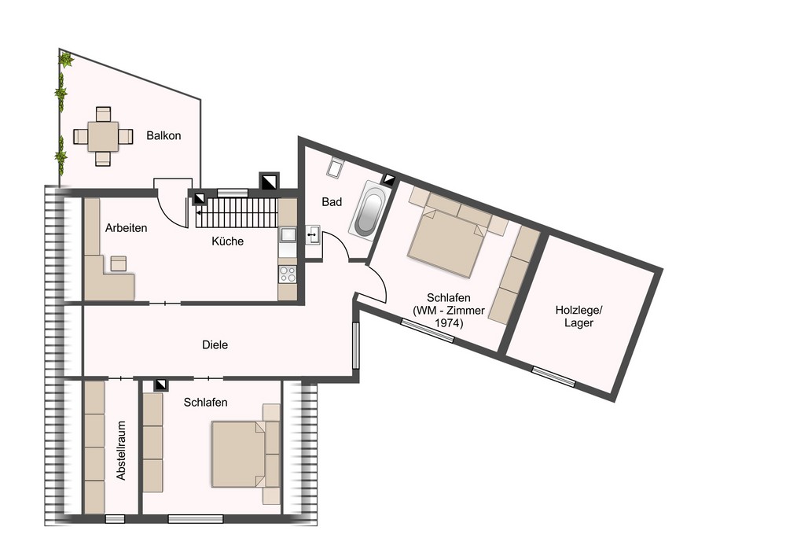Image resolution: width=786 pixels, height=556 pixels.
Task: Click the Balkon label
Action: (x=163, y=136)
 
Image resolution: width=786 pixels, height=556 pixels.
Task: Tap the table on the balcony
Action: (x=103, y=136)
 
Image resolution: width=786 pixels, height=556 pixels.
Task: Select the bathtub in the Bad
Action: (x=370, y=208)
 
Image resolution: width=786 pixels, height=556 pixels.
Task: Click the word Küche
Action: (x=228, y=241)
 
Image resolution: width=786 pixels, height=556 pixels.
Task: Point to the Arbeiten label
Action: (x=127, y=228)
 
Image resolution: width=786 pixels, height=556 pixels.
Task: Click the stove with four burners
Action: (x=288, y=274)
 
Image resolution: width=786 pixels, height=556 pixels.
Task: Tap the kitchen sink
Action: (x=288, y=234)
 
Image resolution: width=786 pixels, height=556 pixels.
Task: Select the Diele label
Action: (x=215, y=345)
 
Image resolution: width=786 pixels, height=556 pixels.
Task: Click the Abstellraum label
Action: (x=121, y=450)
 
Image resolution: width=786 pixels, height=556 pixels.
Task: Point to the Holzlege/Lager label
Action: (x=579, y=316)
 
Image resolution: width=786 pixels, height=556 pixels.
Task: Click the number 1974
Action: (x=449, y=323)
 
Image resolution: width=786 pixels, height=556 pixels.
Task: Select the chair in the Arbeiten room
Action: (x=119, y=263)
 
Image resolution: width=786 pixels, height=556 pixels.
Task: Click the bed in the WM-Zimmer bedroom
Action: (x=447, y=242)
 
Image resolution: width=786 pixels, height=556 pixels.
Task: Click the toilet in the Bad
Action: (x=334, y=168)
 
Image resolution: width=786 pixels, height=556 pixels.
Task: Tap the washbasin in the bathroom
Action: (x=313, y=234)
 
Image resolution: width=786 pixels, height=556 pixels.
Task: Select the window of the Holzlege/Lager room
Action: (x=553, y=377)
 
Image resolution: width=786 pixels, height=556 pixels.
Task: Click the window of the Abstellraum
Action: (x=115, y=519)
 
